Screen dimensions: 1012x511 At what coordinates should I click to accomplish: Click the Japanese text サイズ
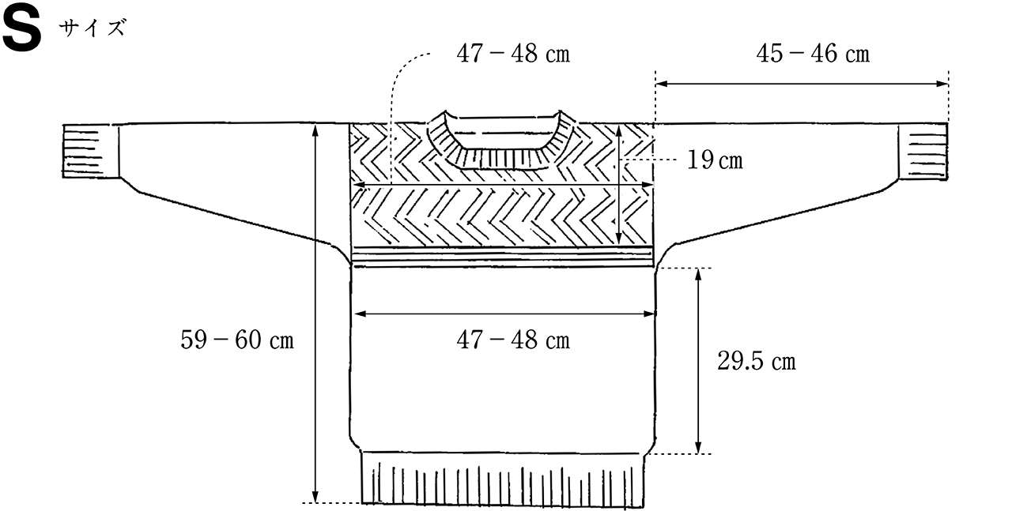pos(93,28)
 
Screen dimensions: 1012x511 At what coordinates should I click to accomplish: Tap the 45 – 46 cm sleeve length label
pos(813,54)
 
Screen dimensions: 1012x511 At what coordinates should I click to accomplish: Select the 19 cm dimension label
pos(715,160)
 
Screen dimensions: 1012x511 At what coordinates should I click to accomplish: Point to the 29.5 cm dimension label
pos(757,361)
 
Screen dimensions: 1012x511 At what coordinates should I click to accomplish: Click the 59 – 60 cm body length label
pos(237,340)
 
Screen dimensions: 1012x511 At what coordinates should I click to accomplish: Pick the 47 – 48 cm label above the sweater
pos(513,54)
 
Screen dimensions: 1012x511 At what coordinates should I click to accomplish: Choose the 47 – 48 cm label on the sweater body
pos(513,340)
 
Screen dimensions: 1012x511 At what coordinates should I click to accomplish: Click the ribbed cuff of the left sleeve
pos(91,151)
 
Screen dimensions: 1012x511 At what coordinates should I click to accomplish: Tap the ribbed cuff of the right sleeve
pos(923,152)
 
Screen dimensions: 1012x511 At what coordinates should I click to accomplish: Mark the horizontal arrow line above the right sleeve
pos(802,84)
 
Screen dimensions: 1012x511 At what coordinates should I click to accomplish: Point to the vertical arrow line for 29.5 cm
pos(698,361)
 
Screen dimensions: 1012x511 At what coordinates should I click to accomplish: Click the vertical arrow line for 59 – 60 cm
pos(315,314)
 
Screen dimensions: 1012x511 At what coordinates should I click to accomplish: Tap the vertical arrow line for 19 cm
pos(619,185)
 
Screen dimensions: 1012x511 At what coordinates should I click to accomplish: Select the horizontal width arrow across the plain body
pos(504,314)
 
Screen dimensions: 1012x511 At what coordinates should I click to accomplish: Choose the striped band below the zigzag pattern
pos(502,257)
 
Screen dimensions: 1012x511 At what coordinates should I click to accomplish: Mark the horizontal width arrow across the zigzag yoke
pos(503,185)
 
